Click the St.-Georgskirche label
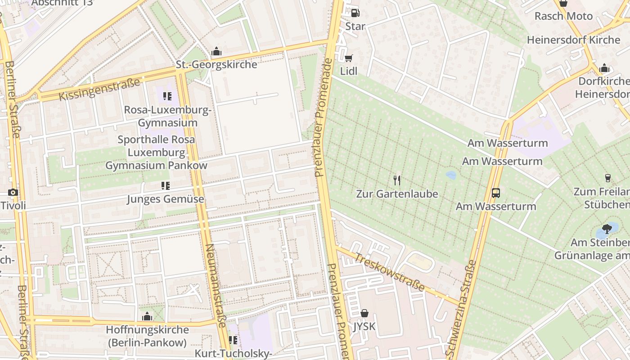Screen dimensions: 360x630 pos(216,64)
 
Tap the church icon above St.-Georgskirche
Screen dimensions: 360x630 pos(216,52)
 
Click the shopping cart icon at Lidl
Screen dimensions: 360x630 pos(348,58)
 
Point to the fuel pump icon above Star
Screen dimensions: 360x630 pos(355,13)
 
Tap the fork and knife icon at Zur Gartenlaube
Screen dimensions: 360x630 pos(396,180)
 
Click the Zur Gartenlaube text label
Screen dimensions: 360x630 pos(396,194)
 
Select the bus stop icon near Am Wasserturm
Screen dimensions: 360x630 pos(495,193)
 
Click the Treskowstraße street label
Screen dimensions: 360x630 pos(389,273)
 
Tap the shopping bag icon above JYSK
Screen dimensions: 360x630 pos(364,313)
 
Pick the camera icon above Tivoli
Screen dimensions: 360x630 pos(13,193)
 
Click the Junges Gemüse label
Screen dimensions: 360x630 pos(165,199)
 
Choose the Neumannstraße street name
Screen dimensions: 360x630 pos(216,285)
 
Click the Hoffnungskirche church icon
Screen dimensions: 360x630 pos(147,317)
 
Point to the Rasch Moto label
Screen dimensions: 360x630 pos(563,16)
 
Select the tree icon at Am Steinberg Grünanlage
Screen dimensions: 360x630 pos(607,229)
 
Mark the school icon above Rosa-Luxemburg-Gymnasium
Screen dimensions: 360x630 pos(167,96)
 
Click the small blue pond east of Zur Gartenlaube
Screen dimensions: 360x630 pos(450,175)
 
